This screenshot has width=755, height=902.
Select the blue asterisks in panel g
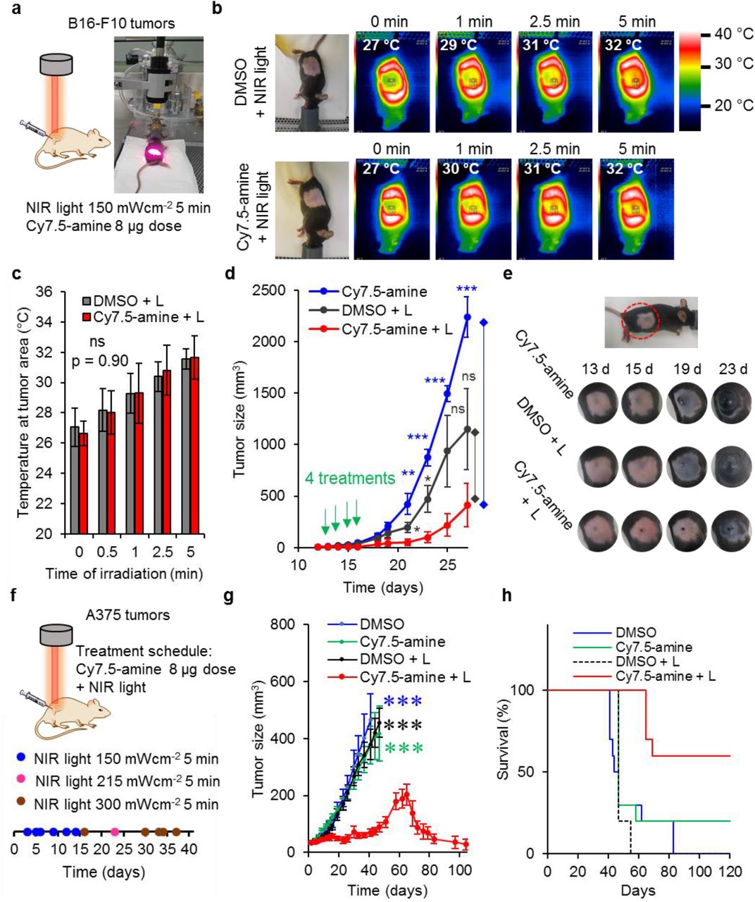403,701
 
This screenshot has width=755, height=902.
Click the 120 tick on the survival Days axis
730,871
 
